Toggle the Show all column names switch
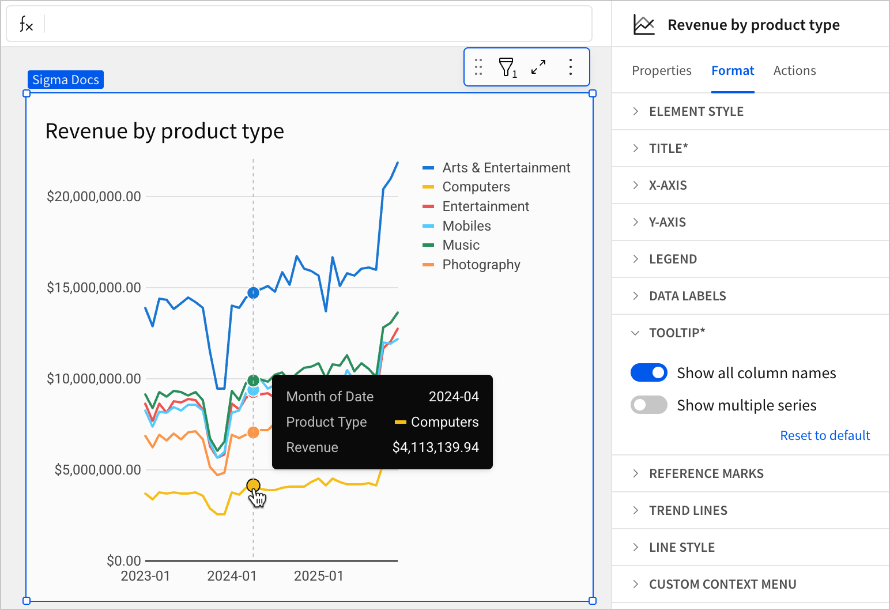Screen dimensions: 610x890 pyautogui.click(x=649, y=373)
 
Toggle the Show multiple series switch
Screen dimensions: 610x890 pyautogui.click(x=649, y=405)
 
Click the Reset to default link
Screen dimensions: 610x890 pyautogui.click(x=824, y=435)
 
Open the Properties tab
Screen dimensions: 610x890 pyautogui.click(x=661, y=70)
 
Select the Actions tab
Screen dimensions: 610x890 pyautogui.click(x=794, y=70)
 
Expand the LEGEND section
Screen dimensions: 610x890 pyautogui.click(x=673, y=259)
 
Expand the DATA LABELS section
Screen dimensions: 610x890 pyautogui.click(x=687, y=296)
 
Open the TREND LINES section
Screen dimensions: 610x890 pyautogui.click(x=688, y=510)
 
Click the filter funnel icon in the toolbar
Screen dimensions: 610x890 pyautogui.click(x=507, y=67)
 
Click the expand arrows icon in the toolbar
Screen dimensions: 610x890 pyautogui.click(x=538, y=67)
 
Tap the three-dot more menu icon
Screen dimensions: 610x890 pyautogui.click(x=570, y=67)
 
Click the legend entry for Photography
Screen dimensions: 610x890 pyautogui.click(x=481, y=265)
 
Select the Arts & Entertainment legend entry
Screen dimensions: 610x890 pyautogui.click(x=506, y=168)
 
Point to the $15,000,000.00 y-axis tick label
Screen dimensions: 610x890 pyautogui.click(x=94, y=288)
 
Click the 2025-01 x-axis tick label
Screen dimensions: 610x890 pyautogui.click(x=318, y=576)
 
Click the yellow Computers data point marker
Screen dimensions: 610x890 pyautogui.click(x=253, y=485)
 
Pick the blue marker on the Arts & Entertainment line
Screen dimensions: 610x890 pyautogui.click(x=253, y=293)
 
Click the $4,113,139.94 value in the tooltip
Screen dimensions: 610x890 pyautogui.click(x=435, y=447)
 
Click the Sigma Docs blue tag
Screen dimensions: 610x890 pyautogui.click(x=66, y=80)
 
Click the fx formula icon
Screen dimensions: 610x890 pyautogui.click(x=27, y=24)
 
